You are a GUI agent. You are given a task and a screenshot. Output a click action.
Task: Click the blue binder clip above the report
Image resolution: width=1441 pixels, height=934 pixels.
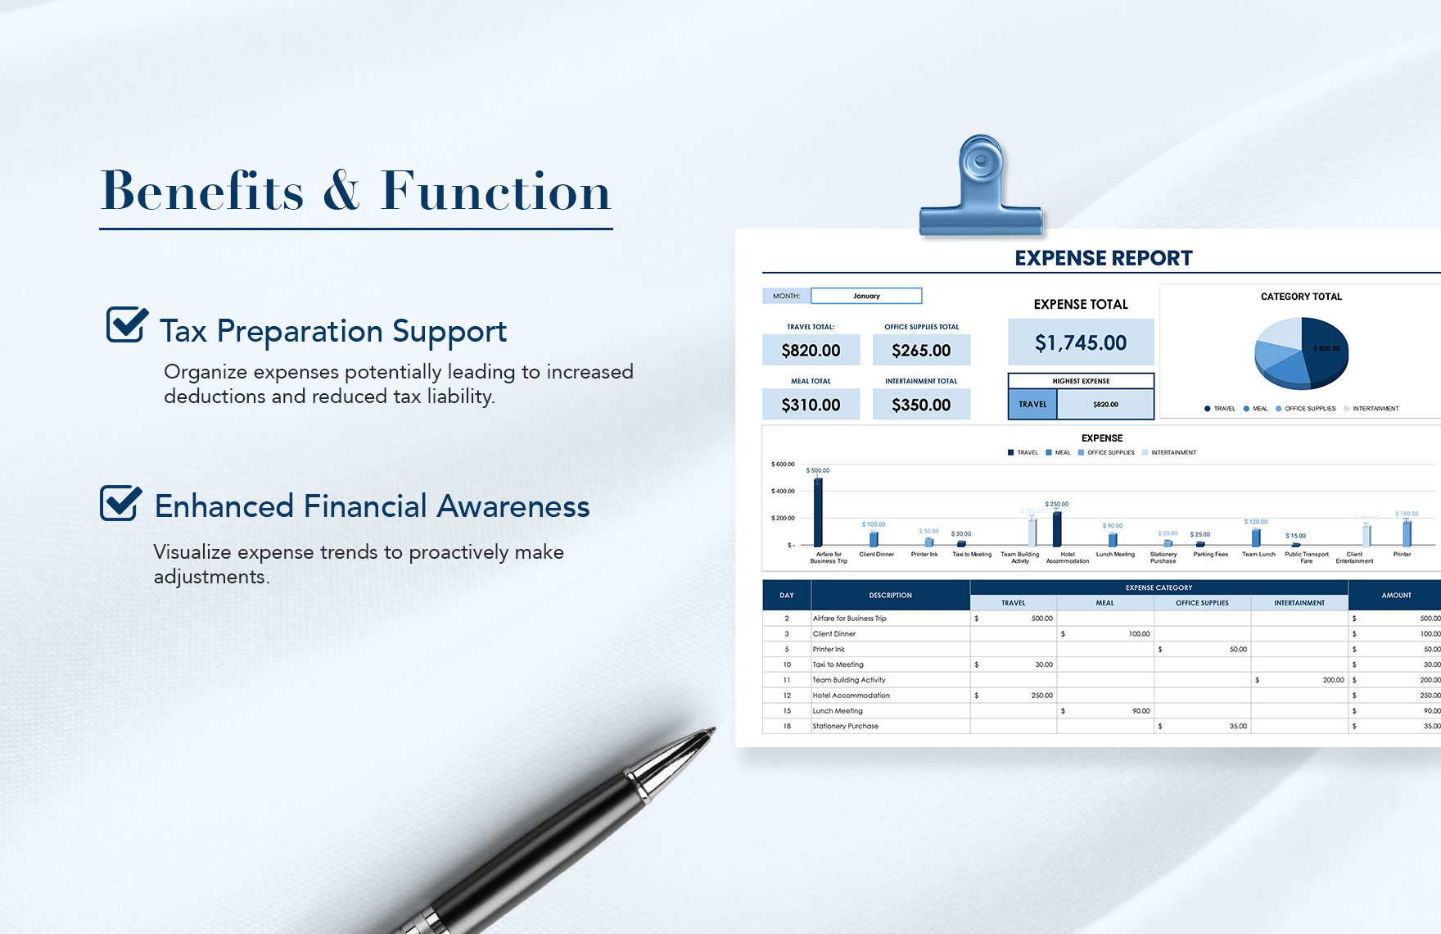pyautogui.click(x=981, y=192)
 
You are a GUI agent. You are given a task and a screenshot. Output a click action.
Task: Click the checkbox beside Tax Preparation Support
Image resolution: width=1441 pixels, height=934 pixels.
pyautogui.click(x=127, y=324)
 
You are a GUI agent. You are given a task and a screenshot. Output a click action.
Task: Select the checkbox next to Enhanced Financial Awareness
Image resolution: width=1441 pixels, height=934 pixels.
pyautogui.click(x=120, y=502)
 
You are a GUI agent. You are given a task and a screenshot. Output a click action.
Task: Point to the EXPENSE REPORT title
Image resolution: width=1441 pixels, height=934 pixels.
pyautogui.click(x=1103, y=258)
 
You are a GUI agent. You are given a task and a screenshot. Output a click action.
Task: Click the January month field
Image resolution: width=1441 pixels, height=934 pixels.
pyautogui.click(x=866, y=296)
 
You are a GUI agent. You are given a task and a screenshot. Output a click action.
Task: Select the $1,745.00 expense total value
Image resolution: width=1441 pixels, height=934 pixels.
pyautogui.click(x=1080, y=342)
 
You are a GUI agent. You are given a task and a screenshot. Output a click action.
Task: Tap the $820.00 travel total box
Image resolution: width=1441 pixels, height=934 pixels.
pyautogui.click(x=811, y=351)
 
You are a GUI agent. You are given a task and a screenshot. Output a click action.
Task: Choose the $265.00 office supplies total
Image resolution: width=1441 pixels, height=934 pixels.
pyautogui.click(x=921, y=351)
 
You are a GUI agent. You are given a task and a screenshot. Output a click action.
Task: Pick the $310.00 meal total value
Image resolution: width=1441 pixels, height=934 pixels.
pyautogui.click(x=811, y=405)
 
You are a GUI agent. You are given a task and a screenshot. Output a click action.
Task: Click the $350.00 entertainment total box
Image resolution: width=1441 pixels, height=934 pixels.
pyautogui.click(x=921, y=405)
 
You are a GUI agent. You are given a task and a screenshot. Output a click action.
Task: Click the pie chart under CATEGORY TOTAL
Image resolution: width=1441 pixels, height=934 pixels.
pyautogui.click(x=1301, y=353)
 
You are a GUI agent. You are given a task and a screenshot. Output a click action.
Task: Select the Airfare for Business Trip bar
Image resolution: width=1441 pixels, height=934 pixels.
pyautogui.click(x=818, y=512)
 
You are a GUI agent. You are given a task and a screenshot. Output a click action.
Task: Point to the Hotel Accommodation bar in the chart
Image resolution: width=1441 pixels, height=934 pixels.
pyautogui.click(x=1057, y=528)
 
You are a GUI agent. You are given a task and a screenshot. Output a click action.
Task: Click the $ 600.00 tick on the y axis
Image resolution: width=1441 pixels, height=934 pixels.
pyautogui.click(x=783, y=465)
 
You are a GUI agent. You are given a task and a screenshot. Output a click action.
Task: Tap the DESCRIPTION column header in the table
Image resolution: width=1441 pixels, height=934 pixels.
pyautogui.click(x=890, y=596)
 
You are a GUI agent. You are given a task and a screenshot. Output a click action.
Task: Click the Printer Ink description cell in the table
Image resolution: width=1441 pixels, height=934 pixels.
pyautogui.click(x=829, y=650)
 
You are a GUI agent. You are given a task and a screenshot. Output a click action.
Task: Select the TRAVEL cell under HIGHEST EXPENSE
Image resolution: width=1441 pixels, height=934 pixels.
pyautogui.click(x=1032, y=405)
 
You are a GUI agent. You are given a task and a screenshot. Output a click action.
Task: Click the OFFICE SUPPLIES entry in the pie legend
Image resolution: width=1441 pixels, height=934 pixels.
pyautogui.click(x=1309, y=409)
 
